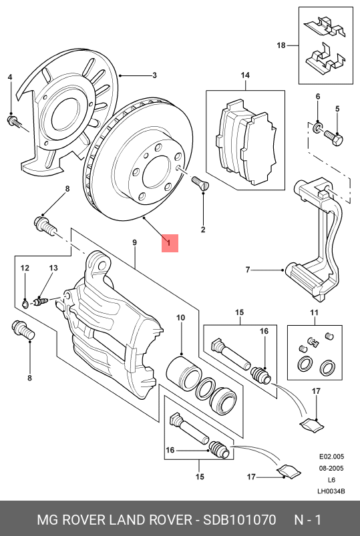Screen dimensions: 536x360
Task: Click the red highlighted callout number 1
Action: pos(169,243)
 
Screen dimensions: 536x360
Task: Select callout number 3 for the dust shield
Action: pos(154,75)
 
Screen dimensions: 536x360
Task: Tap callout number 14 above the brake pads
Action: pos(244,75)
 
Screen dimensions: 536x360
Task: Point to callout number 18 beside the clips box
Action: pos(281,45)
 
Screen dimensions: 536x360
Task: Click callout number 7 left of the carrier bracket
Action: pos(247,270)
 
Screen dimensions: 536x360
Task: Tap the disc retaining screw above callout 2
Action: pos(200,181)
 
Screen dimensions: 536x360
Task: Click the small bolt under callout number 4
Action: pos(13,121)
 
